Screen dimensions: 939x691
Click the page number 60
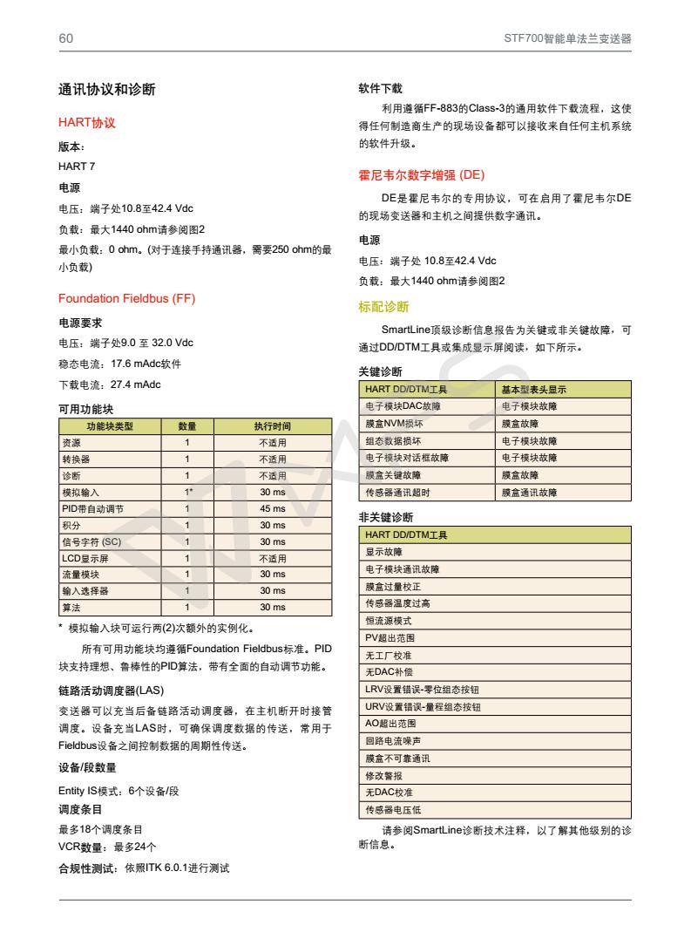[x=65, y=38]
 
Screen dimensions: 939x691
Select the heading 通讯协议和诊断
[x=106, y=89]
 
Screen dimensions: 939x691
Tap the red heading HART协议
[x=87, y=123]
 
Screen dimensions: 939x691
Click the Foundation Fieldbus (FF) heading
[x=126, y=299]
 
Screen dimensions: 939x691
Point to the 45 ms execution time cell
[x=272, y=508]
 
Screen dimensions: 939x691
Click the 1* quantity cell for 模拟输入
[x=187, y=493]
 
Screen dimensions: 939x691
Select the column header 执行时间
[x=272, y=426]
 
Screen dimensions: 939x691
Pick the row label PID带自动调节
[x=86, y=508]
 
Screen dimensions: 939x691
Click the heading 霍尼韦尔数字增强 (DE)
[x=422, y=174]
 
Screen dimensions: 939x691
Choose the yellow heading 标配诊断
[x=383, y=306]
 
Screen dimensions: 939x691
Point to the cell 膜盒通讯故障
[x=529, y=493]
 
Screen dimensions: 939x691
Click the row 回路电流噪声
[x=392, y=740]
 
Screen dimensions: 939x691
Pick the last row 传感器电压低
[x=392, y=809]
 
